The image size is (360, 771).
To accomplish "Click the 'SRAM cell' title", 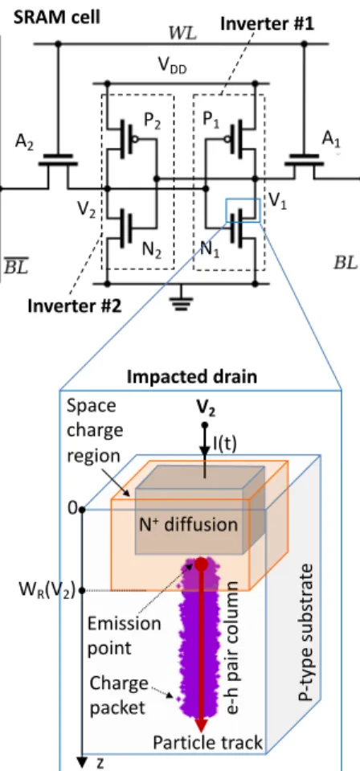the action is click(56, 17).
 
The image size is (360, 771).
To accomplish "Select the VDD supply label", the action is click(173, 68).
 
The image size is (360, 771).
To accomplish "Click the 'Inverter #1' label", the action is click(267, 23).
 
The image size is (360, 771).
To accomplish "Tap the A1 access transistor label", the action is click(331, 140).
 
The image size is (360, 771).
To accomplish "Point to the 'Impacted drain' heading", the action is click(192, 377).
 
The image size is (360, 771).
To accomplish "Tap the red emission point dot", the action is click(200, 564).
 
